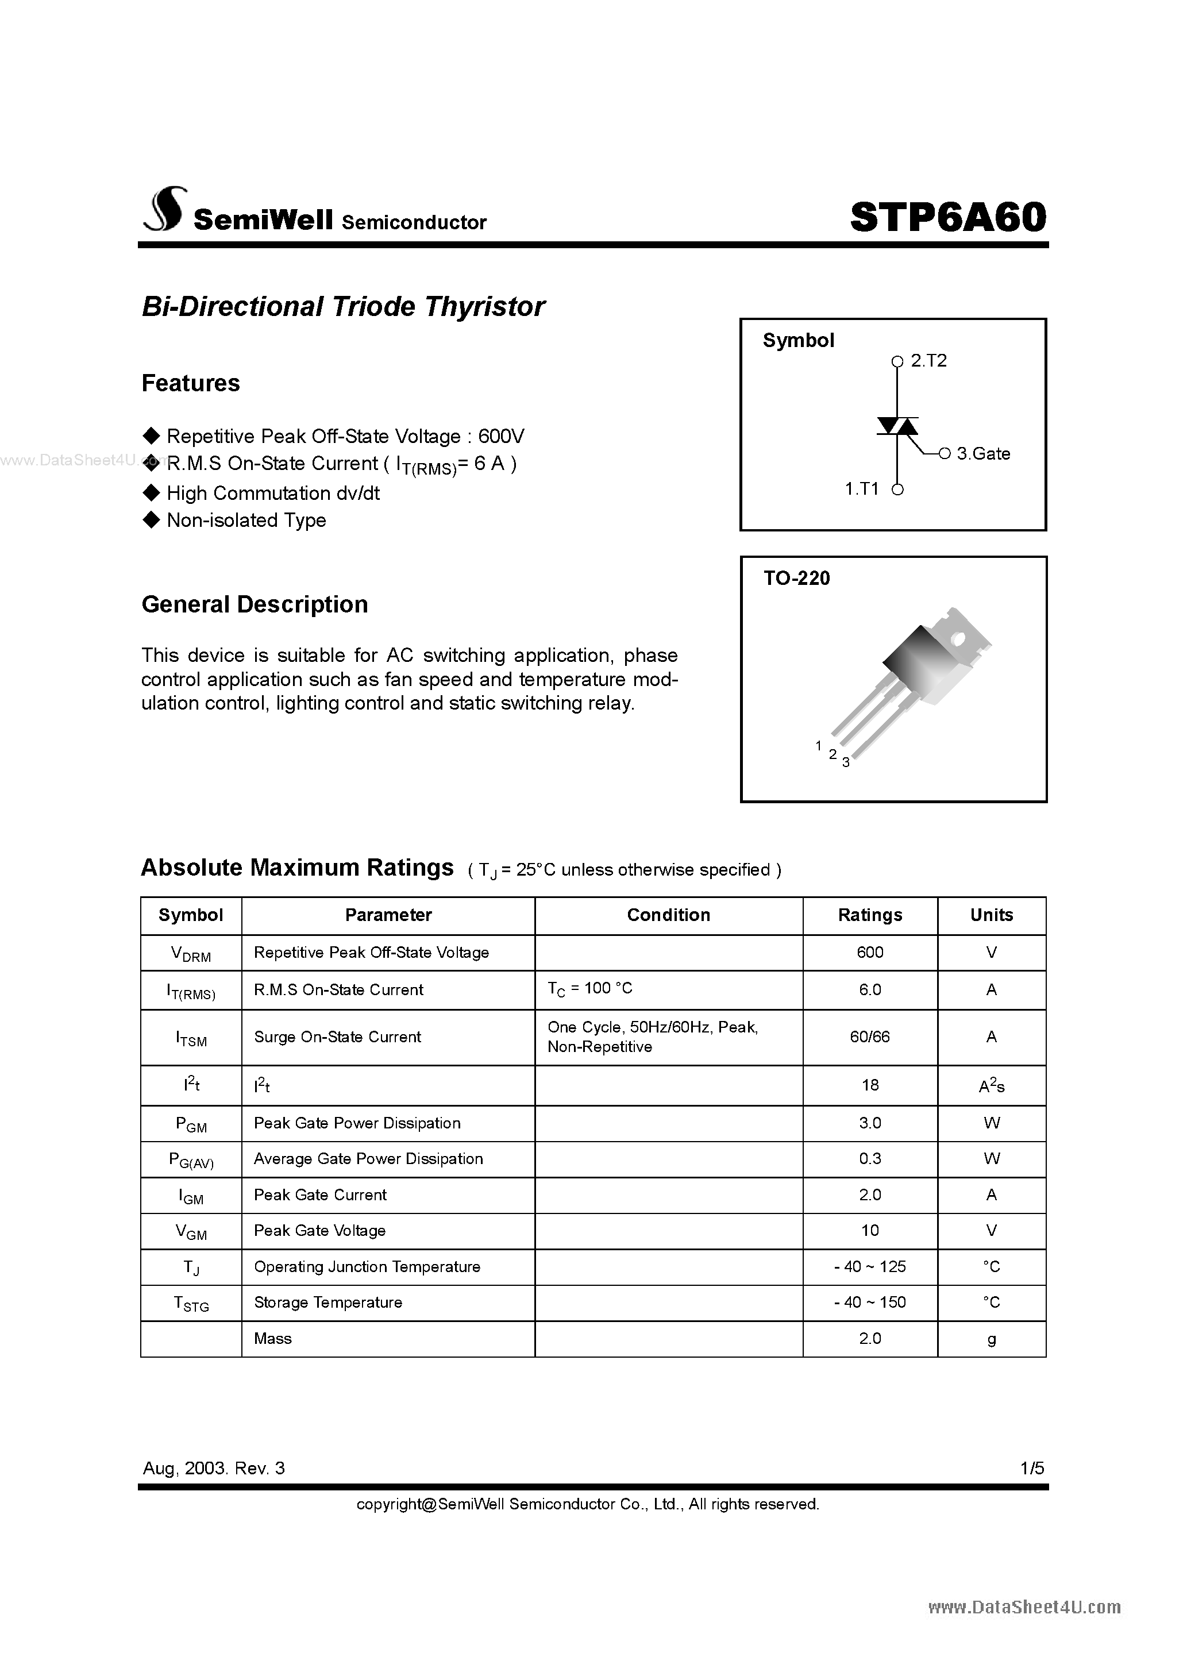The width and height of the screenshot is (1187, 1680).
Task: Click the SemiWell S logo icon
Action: pos(165,210)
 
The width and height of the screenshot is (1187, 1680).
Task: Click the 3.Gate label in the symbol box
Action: pos(983,454)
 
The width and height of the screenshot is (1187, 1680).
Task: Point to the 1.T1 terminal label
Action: pos(861,489)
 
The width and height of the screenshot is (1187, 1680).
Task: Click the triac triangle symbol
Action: pos(897,426)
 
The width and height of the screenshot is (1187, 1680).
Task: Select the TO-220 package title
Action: pos(796,578)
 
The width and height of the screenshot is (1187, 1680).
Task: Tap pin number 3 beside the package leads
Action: pos(845,763)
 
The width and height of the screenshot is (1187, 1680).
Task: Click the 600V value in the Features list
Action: pos(502,436)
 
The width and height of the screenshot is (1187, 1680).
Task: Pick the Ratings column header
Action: pos(869,915)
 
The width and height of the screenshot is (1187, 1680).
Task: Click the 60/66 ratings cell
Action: pos(869,1037)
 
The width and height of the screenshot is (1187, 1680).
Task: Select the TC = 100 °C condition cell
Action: pos(590,989)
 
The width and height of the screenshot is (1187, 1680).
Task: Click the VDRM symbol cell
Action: pos(190,953)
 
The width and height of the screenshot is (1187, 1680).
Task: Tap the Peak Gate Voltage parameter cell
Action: pos(320,1231)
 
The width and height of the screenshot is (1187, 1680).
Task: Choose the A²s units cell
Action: pos(991,1086)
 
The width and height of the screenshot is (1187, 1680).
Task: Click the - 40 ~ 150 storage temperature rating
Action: pos(869,1303)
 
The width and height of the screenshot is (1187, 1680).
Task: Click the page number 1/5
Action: pos(1032,1468)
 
